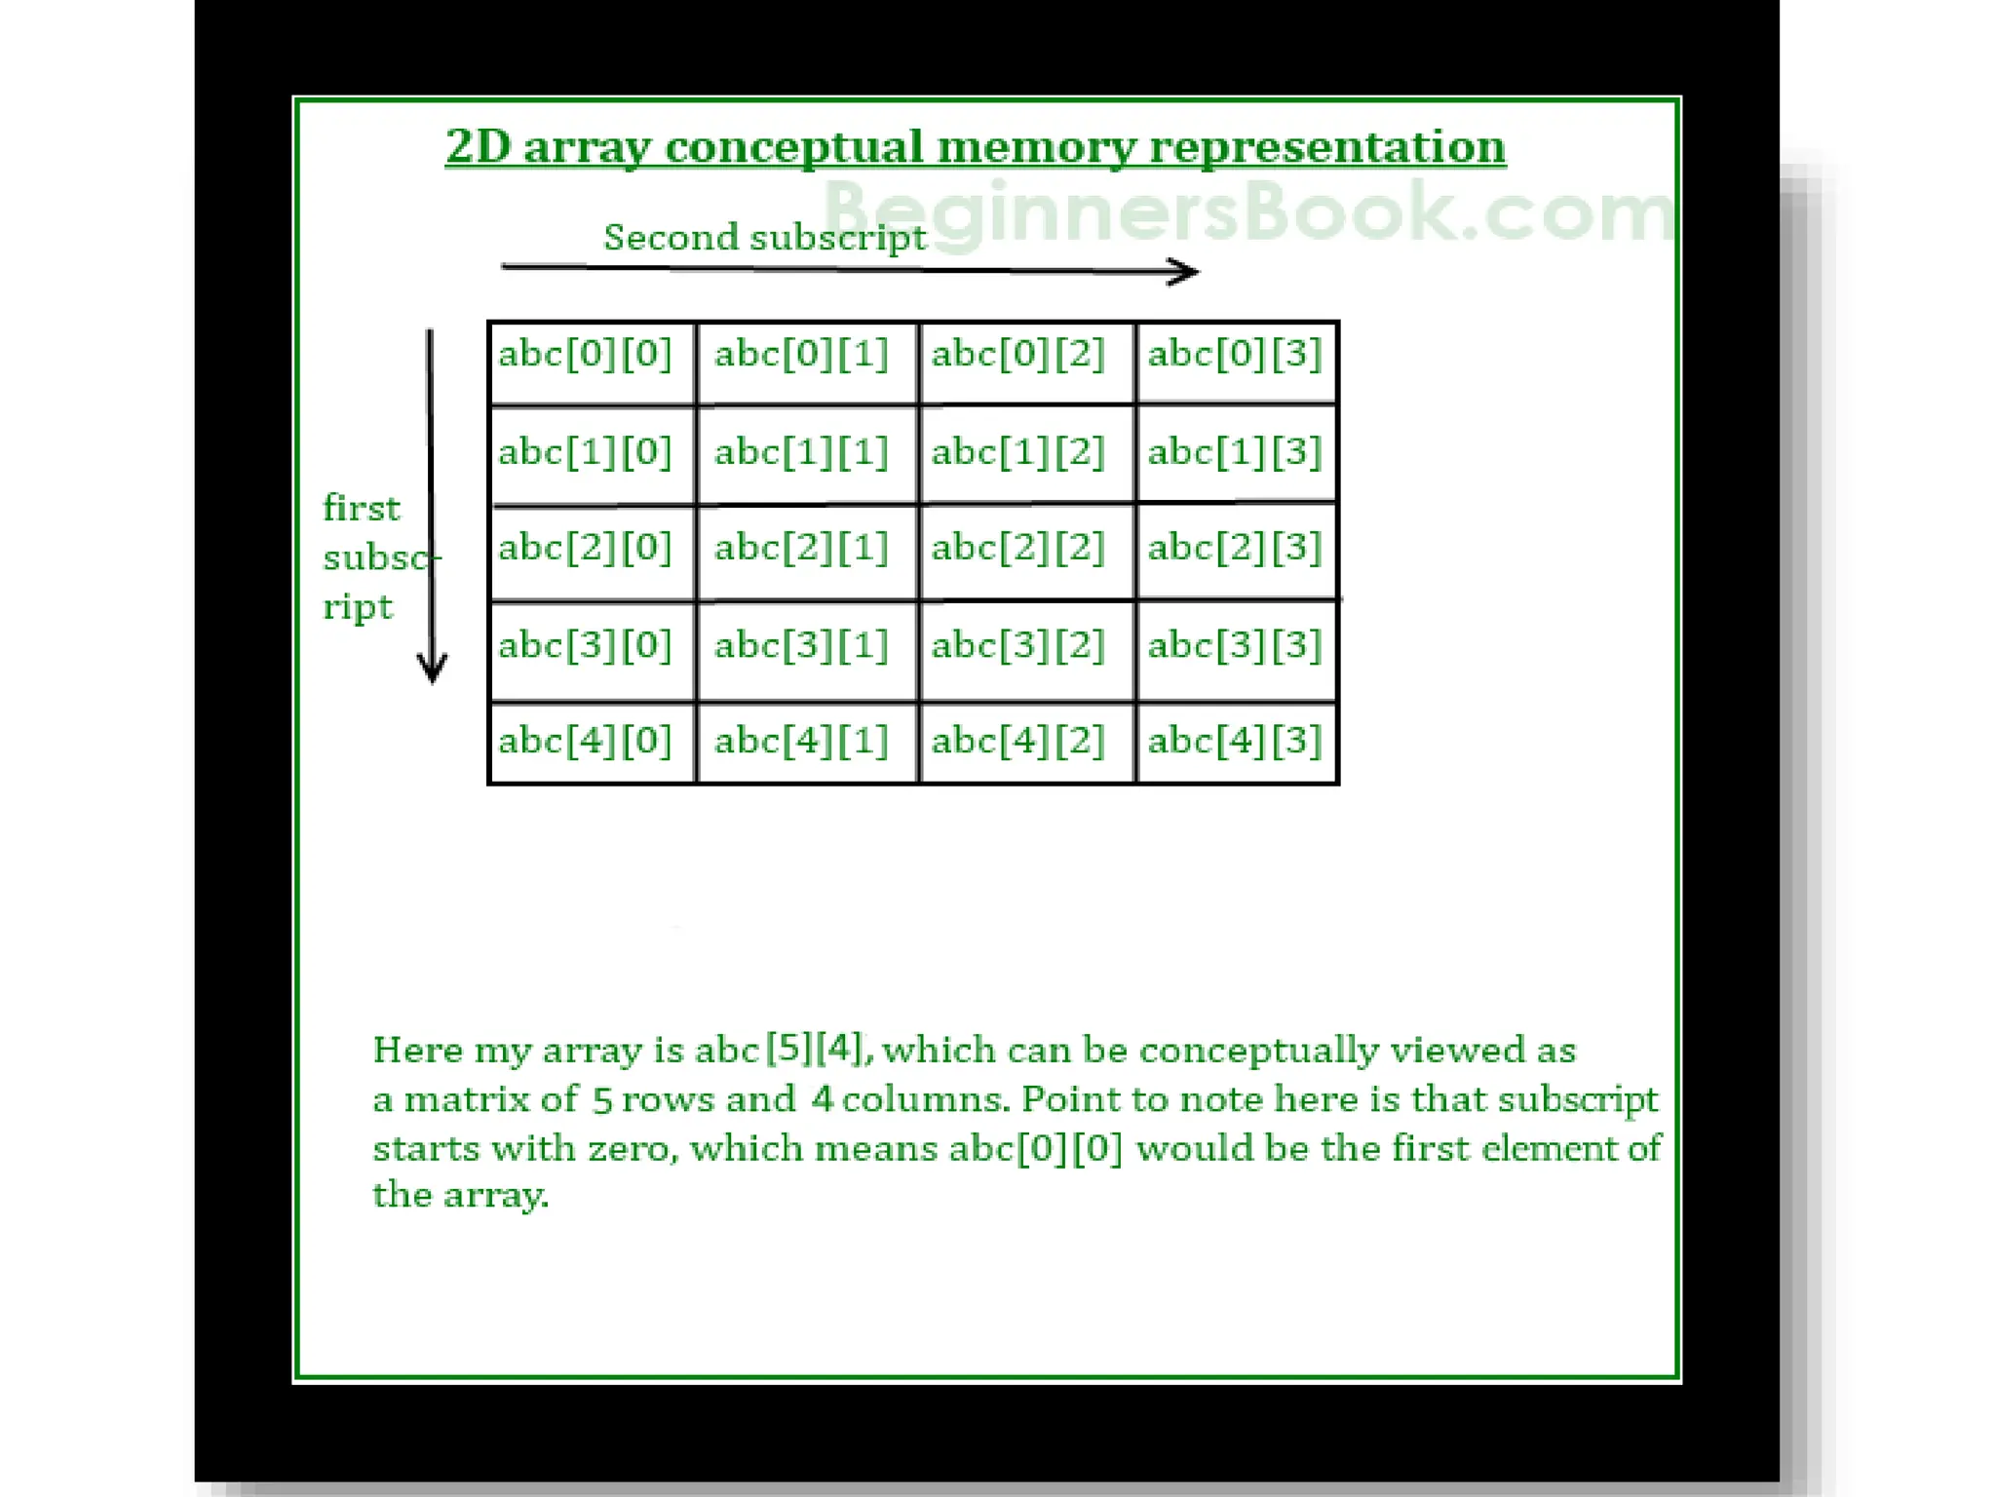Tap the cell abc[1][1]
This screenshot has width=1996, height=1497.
[x=805, y=454]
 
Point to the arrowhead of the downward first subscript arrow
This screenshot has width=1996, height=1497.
[x=432, y=671]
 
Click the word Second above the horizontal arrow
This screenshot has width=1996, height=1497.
[x=671, y=237]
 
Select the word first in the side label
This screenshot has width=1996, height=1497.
[x=361, y=508]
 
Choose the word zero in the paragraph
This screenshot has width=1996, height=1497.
[x=630, y=1148]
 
